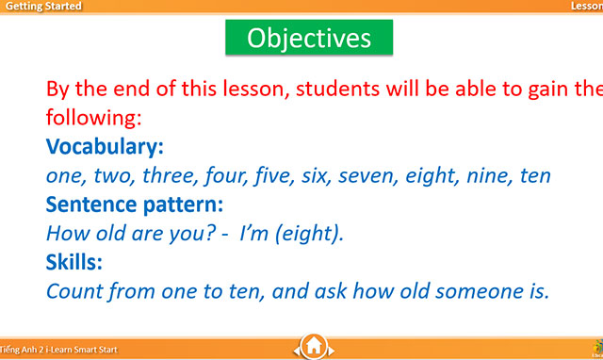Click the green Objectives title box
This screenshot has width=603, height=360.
(x=308, y=38)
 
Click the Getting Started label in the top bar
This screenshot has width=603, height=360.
(x=41, y=7)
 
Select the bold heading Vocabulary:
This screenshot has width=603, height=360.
(x=105, y=147)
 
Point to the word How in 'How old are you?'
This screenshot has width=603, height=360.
(x=64, y=232)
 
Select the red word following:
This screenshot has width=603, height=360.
(x=93, y=119)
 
